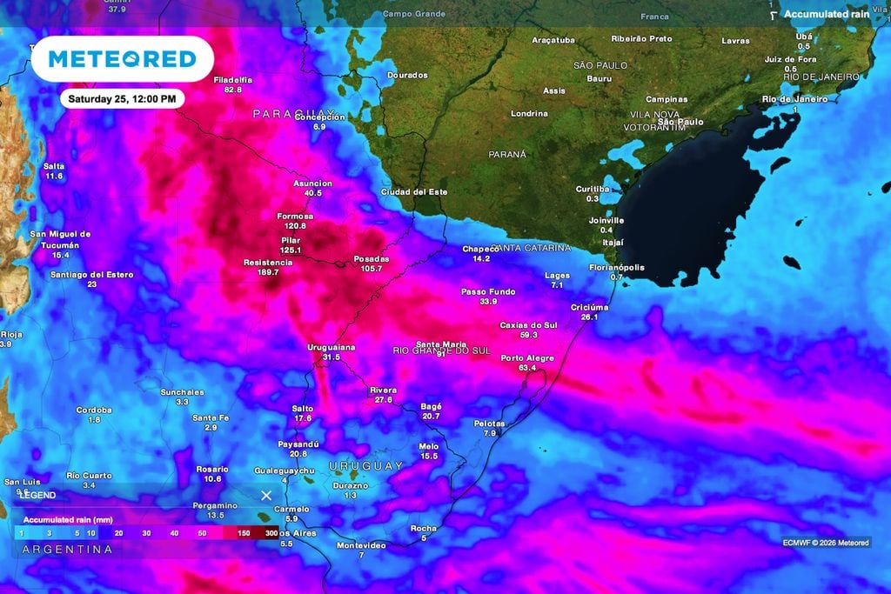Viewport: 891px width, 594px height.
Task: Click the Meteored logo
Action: coord(122,59)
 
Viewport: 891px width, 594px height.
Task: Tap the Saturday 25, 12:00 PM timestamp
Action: coord(122,98)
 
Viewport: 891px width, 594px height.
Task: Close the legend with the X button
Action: coord(266,495)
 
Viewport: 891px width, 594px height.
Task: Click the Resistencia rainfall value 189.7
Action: coord(262,272)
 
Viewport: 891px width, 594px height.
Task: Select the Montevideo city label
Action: coord(361,545)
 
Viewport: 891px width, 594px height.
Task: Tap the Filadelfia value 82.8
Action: coord(232,90)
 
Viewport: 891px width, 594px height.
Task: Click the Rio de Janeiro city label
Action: coord(794,98)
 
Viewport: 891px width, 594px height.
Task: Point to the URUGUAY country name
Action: coord(366,466)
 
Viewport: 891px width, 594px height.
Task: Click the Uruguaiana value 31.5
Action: coord(331,357)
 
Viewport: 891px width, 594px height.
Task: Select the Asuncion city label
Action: coord(312,184)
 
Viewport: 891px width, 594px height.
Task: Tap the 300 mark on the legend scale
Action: coord(271,532)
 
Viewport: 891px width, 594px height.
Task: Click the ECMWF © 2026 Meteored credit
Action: coord(826,543)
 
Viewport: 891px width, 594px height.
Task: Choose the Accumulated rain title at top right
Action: coord(827,14)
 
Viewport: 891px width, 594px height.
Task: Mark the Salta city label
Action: coord(53,165)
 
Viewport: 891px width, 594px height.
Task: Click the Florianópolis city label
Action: coord(617,267)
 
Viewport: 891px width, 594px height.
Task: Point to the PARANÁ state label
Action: coord(507,154)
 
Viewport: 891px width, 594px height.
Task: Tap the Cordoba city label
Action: coord(94,410)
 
